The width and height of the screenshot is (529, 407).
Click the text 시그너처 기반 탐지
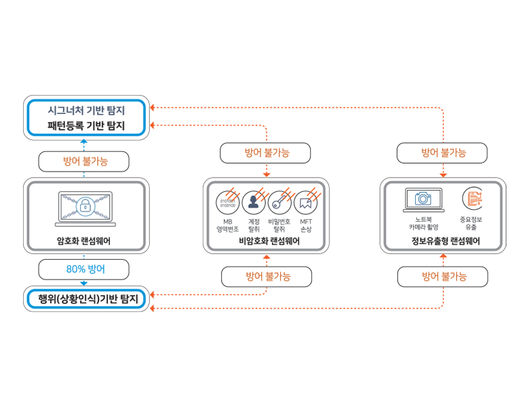pyautogui.click(x=86, y=109)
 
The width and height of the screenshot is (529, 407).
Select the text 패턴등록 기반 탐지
pyautogui.click(x=86, y=125)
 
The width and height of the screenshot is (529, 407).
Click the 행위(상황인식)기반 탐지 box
pyautogui.click(x=86, y=298)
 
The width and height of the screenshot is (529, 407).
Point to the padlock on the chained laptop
pyautogui.click(x=85, y=206)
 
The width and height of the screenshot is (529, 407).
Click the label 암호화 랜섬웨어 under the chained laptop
pyautogui.click(x=85, y=240)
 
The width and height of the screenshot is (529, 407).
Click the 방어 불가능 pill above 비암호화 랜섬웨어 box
pyautogui.click(x=266, y=153)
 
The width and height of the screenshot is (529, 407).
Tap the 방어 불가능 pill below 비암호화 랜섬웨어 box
pyautogui.click(x=267, y=276)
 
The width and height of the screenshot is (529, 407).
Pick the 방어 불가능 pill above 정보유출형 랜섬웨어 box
pyautogui.click(x=442, y=153)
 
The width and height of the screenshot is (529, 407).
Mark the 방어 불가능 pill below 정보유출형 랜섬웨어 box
pyautogui.click(x=442, y=276)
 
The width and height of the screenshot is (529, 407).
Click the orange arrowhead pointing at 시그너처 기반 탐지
pyautogui.click(x=153, y=108)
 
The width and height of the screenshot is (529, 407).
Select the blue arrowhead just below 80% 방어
pyautogui.click(x=85, y=283)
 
